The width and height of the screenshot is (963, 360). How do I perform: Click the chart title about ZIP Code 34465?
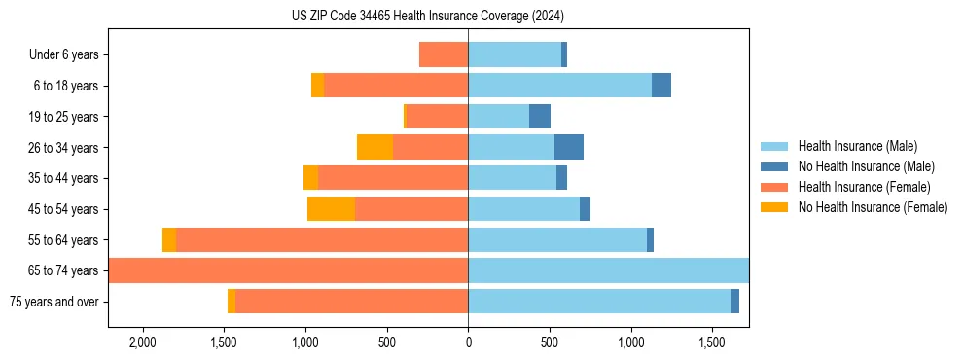428,17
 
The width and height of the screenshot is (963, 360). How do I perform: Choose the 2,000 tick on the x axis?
143,342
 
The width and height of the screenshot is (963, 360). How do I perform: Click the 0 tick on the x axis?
468,342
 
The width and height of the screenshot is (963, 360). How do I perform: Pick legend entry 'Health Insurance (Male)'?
857,147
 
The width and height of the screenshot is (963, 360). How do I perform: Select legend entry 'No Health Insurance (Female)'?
873,207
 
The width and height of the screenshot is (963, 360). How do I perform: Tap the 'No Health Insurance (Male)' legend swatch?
775,167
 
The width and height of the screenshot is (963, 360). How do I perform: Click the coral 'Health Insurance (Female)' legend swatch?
775,187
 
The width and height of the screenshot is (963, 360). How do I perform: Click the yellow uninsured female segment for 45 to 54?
331,209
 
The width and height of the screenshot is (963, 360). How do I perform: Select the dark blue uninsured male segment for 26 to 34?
569,148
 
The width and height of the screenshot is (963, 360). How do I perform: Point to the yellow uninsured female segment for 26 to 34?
374,148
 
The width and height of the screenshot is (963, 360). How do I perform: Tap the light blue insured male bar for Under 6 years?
515,54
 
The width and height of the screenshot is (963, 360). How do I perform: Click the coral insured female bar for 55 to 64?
322,240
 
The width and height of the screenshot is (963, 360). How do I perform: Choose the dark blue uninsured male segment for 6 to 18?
661,86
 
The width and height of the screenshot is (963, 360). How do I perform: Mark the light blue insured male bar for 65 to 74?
608,270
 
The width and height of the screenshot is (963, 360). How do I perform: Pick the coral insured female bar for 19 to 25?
437,117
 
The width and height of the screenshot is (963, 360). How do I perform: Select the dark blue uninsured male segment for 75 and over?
735,302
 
